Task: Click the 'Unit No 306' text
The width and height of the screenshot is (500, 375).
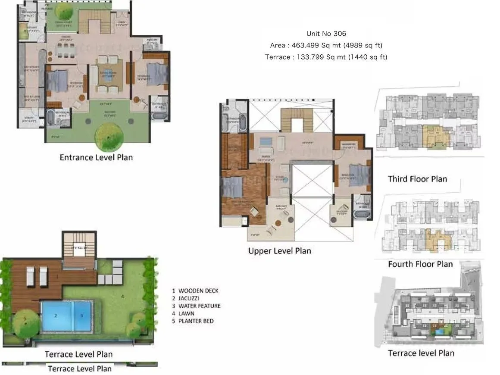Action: pos(326,34)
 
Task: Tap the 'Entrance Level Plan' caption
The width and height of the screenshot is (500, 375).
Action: pos(96,157)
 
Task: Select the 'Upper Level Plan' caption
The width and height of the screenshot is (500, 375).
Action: pos(279,250)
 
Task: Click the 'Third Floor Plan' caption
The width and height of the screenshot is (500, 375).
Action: pos(417,178)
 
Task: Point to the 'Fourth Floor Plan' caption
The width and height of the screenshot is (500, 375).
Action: pos(420,264)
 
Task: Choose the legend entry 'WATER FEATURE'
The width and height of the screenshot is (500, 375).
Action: pos(200,306)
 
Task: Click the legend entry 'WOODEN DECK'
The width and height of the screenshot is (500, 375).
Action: pos(198,291)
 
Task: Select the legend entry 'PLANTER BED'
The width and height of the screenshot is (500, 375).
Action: pos(196,321)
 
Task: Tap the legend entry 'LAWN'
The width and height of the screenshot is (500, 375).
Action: pos(186,313)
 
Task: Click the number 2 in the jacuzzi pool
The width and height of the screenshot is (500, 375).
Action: pos(56,316)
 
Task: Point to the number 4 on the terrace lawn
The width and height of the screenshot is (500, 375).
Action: pos(122,296)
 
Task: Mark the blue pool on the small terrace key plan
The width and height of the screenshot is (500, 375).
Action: pos(440,331)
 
